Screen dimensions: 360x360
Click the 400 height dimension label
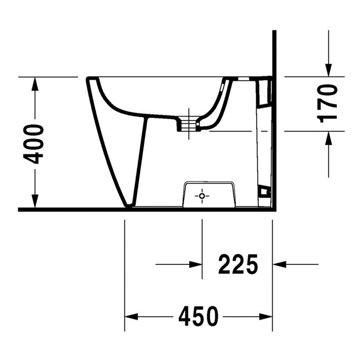coord(34,144)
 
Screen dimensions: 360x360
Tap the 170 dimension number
coord(327,103)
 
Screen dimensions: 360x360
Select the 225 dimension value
coord(238,264)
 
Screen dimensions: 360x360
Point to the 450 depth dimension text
coord(199,317)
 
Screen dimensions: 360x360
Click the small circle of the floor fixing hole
coord(202,196)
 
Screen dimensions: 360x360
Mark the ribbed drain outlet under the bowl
coord(189,124)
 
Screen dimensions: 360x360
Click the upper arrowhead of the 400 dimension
coord(35,84)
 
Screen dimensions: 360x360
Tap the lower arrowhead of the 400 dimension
coord(35,201)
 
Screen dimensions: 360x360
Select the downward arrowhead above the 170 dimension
coord(328,70)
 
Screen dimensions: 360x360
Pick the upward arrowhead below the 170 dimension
coord(328,138)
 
